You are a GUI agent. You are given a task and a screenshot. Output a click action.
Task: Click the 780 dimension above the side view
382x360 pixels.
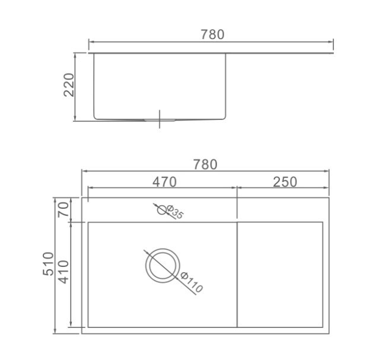(x=212, y=34)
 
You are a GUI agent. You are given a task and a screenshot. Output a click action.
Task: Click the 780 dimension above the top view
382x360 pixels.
(x=205, y=165)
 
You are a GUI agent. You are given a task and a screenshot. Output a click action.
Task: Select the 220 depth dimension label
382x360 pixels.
(x=69, y=85)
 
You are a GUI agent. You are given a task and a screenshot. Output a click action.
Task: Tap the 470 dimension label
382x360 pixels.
(x=164, y=182)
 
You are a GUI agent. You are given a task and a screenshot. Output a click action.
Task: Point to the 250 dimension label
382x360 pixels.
(x=285, y=182)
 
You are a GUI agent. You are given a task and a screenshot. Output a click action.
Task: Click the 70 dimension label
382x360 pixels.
(x=63, y=209)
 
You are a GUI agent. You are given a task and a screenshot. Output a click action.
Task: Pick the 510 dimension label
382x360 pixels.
(x=48, y=264)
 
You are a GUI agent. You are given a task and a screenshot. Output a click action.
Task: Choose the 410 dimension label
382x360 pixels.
(x=64, y=272)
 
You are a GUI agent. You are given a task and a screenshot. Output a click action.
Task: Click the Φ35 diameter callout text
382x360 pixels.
(x=174, y=212)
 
